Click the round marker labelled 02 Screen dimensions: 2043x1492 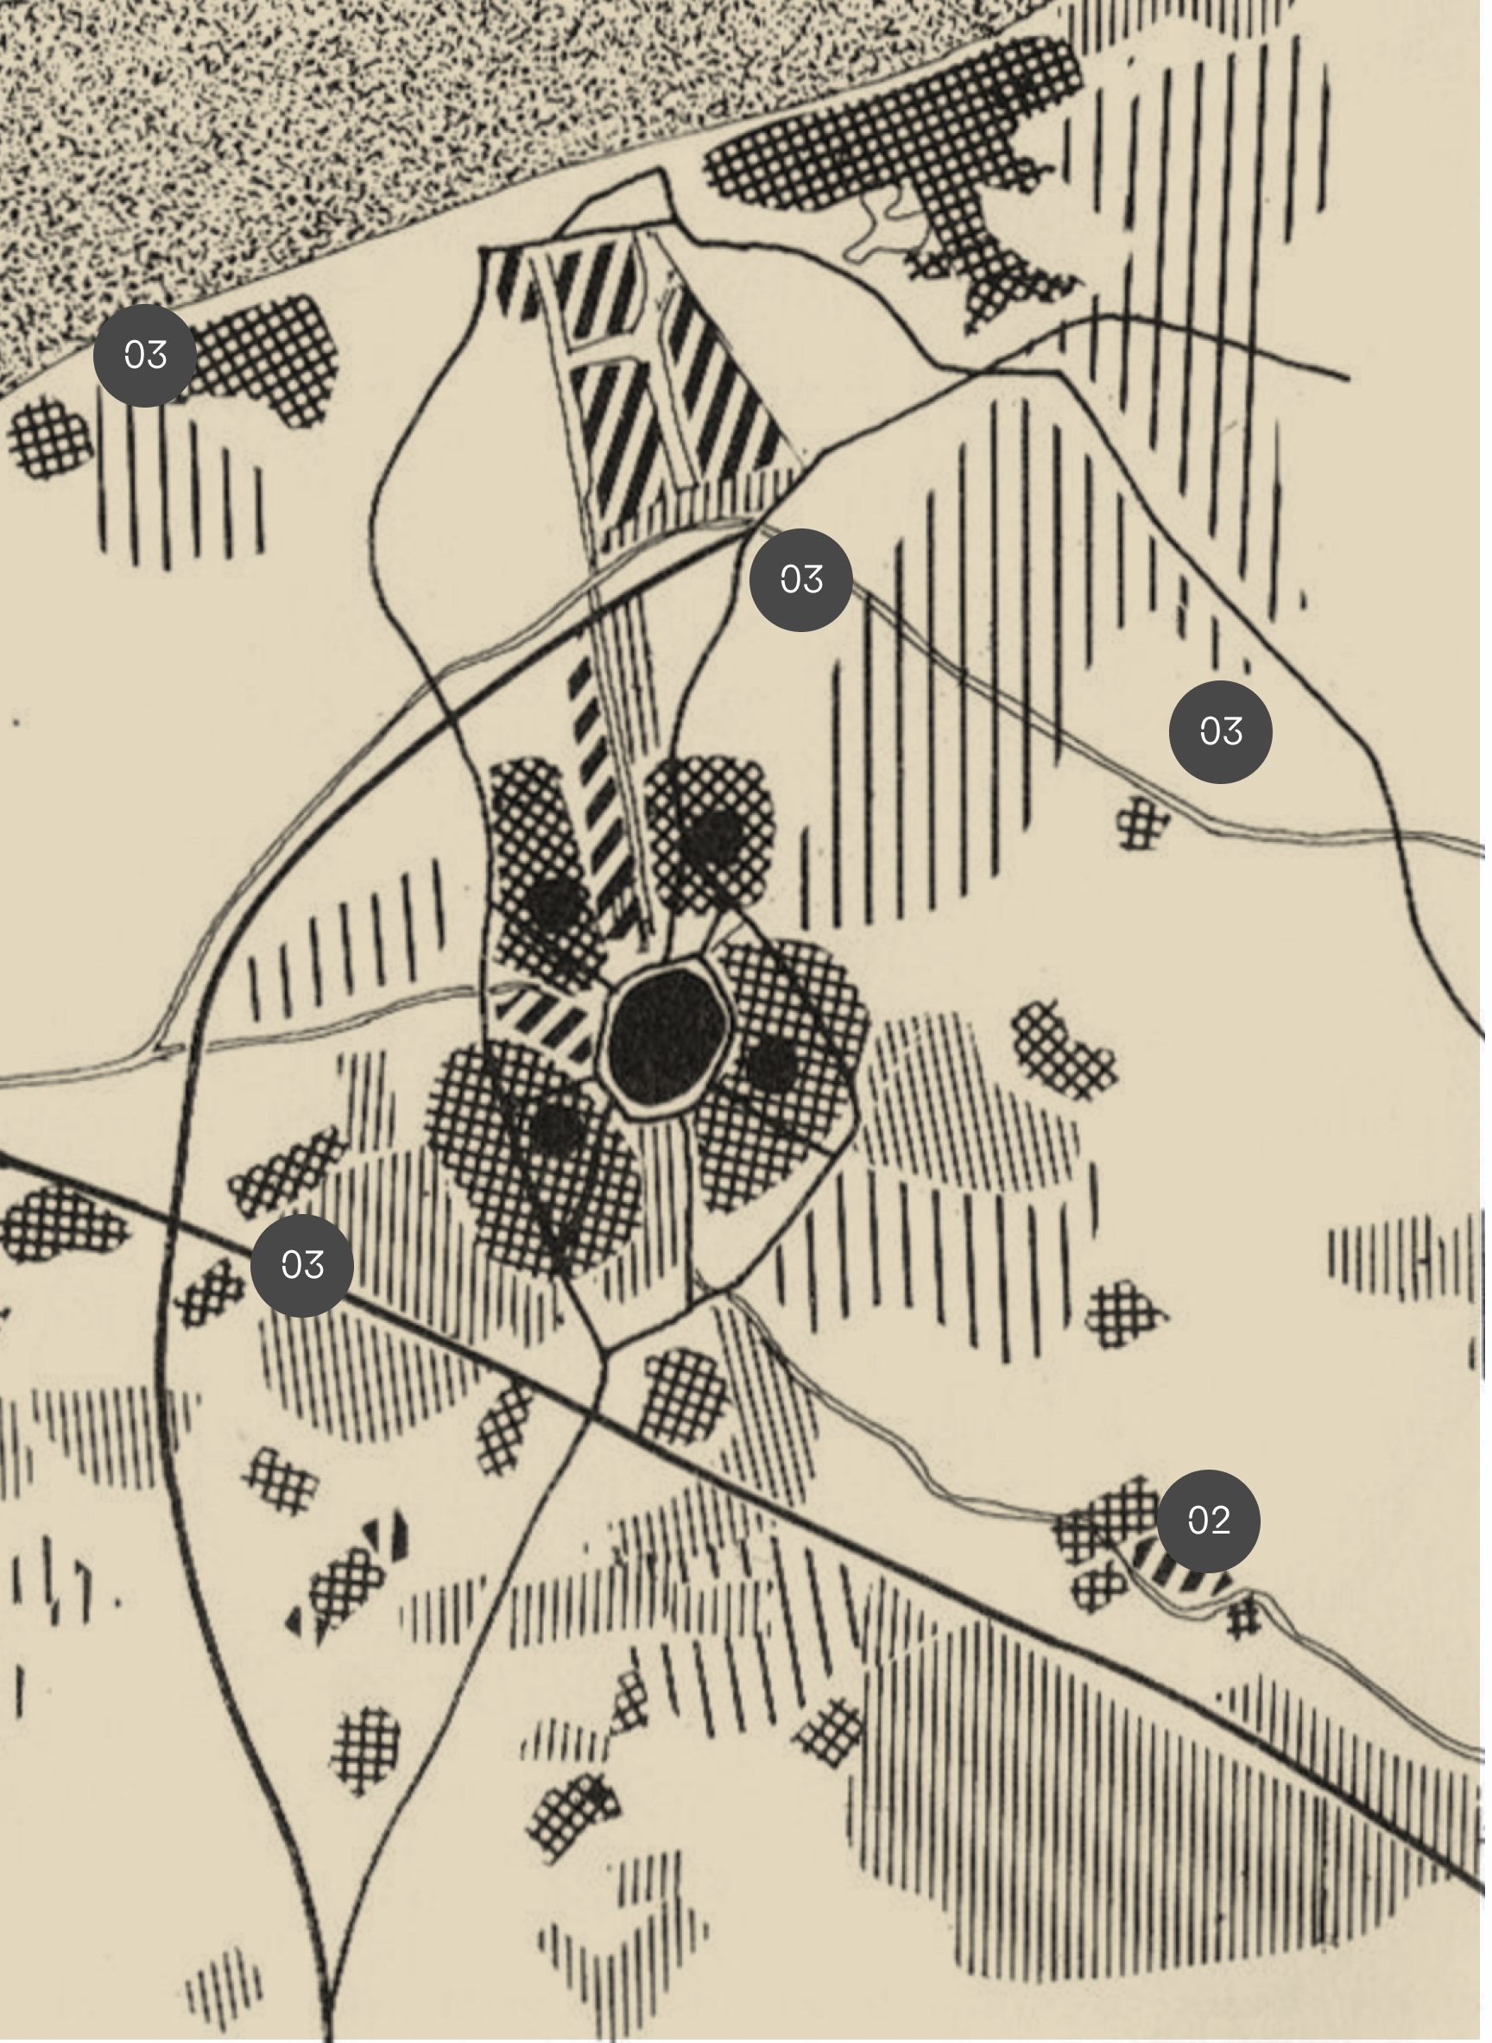tap(1208, 1520)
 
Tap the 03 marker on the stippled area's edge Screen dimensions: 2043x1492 tap(144, 355)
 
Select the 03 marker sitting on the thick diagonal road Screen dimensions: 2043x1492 tap(301, 1265)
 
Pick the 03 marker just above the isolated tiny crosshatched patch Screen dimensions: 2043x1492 tap(1220, 731)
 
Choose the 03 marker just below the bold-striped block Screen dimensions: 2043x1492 tap(800, 579)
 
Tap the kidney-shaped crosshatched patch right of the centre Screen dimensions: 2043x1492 tap(1064, 1050)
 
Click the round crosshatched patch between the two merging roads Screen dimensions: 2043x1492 tap(366, 1748)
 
